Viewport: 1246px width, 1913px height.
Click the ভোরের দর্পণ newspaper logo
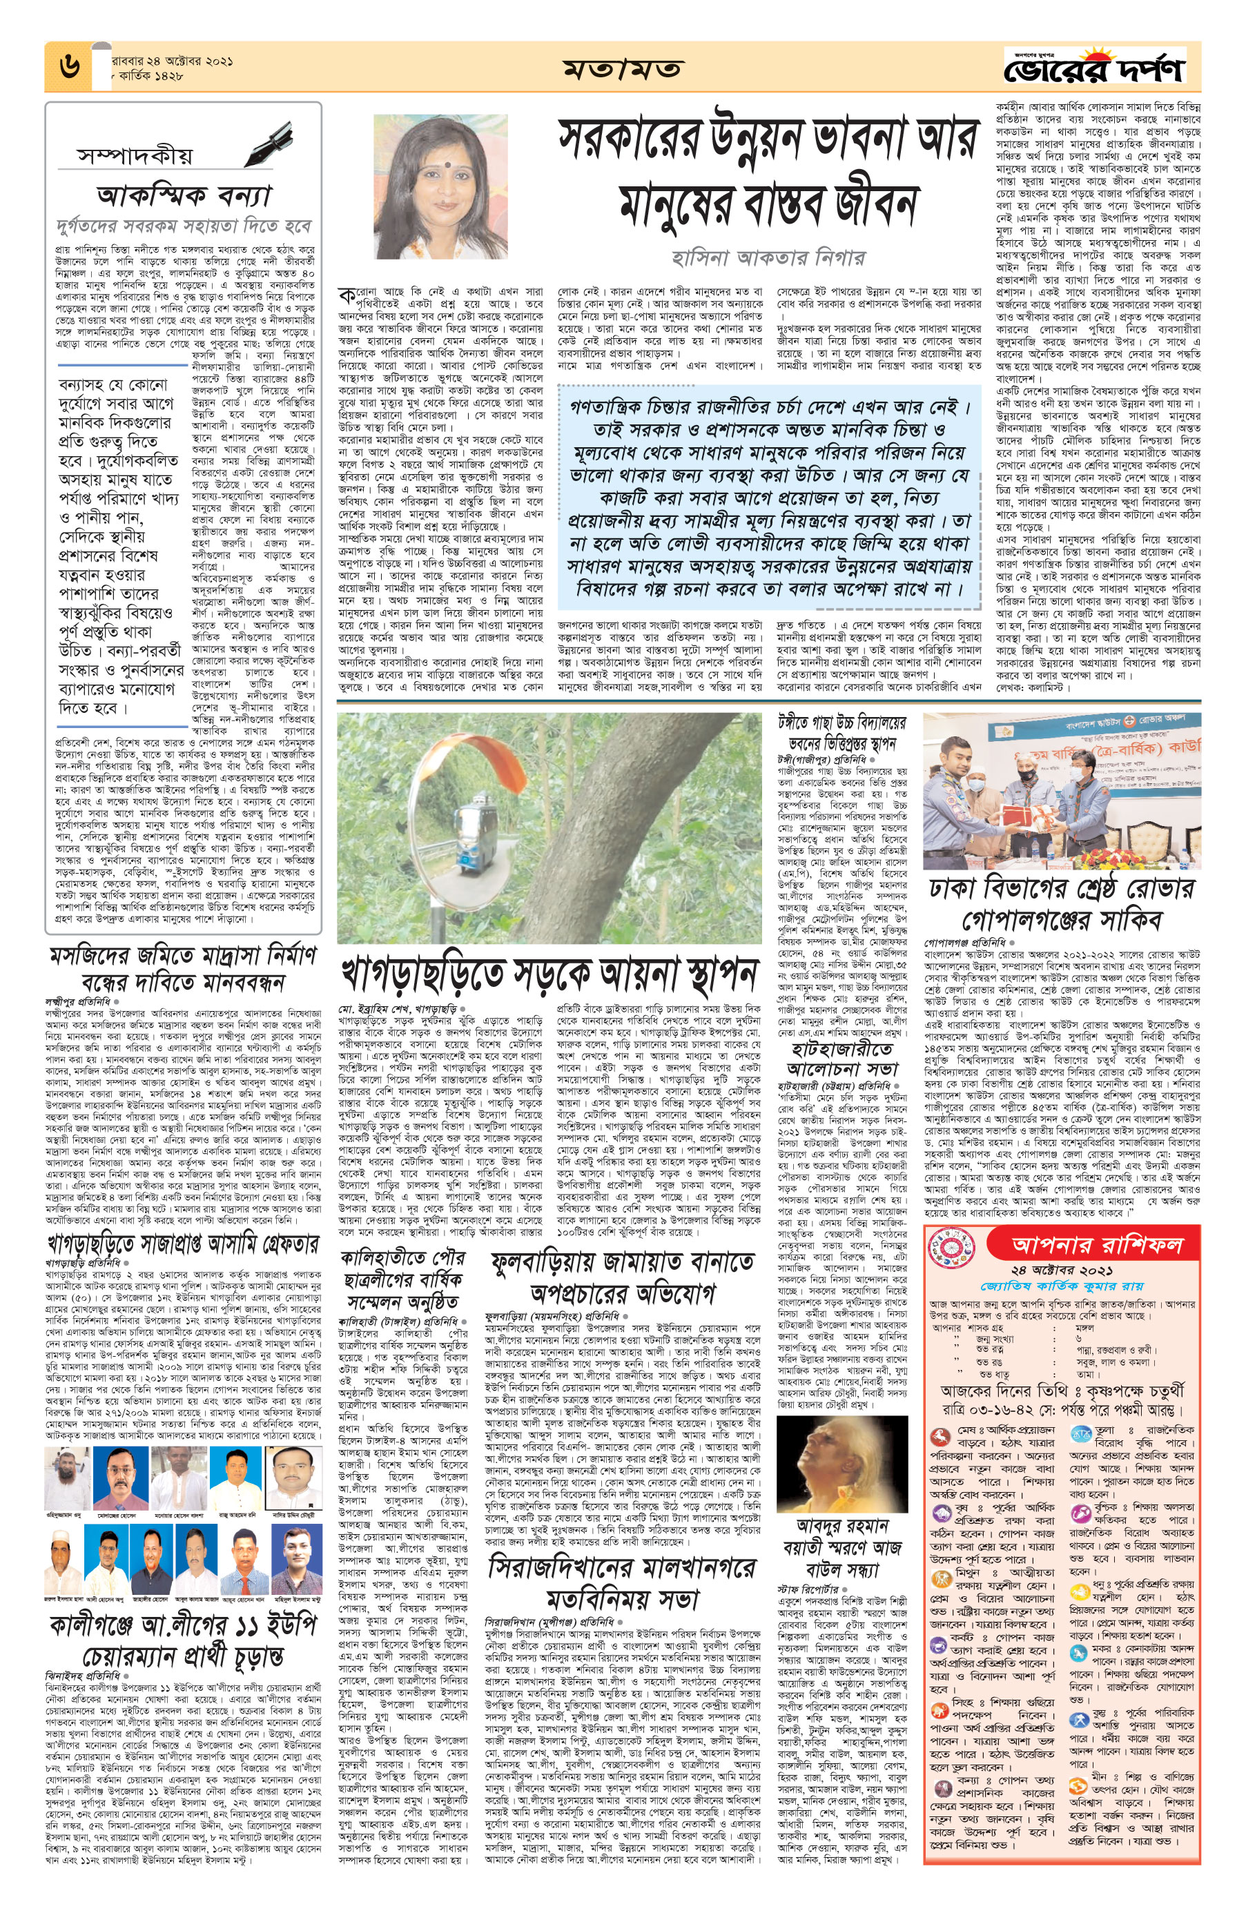[x=1095, y=70]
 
